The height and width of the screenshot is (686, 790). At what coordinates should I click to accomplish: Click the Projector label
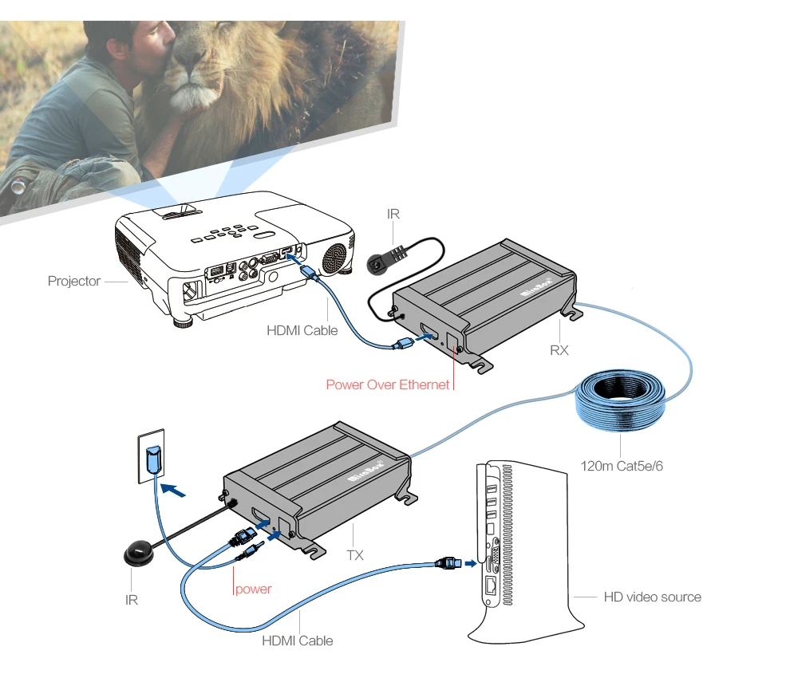(x=73, y=281)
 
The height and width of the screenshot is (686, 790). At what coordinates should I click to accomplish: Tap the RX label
(x=559, y=349)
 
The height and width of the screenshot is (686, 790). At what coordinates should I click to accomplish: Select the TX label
(x=354, y=554)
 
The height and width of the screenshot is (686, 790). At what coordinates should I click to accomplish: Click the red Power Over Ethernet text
(x=387, y=384)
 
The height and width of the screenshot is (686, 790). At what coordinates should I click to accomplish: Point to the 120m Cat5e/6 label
(x=622, y=465)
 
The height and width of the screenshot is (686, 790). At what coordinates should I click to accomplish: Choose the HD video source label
(x=652, y=597)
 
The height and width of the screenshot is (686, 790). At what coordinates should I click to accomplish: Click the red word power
(x=254, y=589)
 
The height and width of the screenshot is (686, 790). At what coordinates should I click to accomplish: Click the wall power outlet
(x=152, y=455)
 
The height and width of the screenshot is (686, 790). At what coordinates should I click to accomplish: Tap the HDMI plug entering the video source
(x=448, y=563)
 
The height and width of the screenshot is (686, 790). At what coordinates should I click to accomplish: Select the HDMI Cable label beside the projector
(x=302, y=330)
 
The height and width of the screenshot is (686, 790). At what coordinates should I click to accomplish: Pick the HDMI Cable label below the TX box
(x=298, y=641)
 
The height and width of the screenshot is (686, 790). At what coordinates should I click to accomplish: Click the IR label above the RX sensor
(x=393, y=214)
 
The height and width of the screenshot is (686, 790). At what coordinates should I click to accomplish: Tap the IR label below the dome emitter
(x=132, y=600)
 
